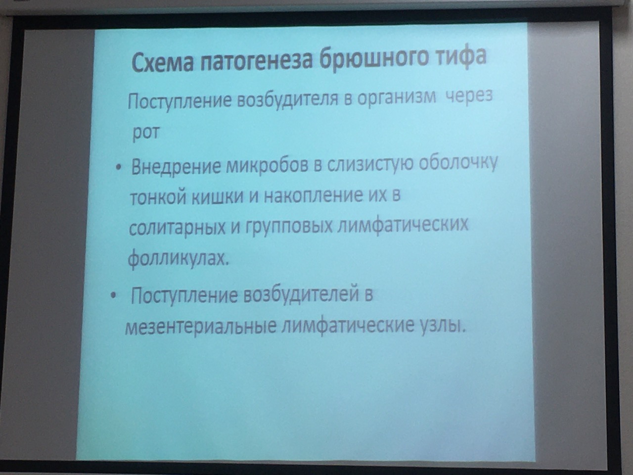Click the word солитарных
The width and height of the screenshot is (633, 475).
pyautogui.click(x=177, y=229)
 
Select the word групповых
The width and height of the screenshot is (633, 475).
pyautogui.click(x=289, y=227)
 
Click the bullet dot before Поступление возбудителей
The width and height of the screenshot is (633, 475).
pyautogui.click(x=114, y=296)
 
